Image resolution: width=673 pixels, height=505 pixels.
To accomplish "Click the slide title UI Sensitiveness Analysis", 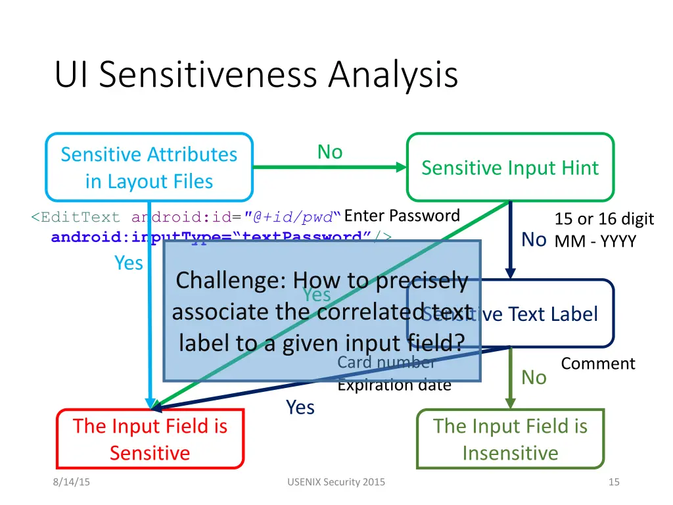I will [256, 74].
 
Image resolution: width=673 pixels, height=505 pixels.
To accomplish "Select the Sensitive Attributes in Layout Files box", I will [149, 168].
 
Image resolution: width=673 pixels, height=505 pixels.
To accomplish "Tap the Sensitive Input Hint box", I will [510, 168].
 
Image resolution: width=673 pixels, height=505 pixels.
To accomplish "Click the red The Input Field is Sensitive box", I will [150, 439].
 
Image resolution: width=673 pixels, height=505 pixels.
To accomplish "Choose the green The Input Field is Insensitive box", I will [510, 439].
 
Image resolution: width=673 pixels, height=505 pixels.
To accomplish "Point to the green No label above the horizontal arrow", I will [330, 152].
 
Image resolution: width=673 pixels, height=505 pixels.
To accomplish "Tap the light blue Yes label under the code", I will [129, 263].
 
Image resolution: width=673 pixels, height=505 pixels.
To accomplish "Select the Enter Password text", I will [402, 216].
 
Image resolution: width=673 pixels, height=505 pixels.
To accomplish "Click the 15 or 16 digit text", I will [604, 219].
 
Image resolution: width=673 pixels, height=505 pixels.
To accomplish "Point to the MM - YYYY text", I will [595, 241].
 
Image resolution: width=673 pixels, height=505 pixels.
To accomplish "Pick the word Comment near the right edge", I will [598, 364].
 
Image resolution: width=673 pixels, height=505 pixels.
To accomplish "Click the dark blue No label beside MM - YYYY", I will [534, 240].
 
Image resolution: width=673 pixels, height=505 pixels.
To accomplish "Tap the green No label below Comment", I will [534, 377].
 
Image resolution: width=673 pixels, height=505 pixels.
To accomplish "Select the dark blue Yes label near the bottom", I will [300, 408].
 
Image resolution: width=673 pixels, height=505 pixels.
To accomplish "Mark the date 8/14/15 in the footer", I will [72, 482].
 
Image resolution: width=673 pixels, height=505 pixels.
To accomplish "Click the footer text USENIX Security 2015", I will [336, 482].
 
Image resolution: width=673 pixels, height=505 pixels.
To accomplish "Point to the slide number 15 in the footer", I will [614, 482].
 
